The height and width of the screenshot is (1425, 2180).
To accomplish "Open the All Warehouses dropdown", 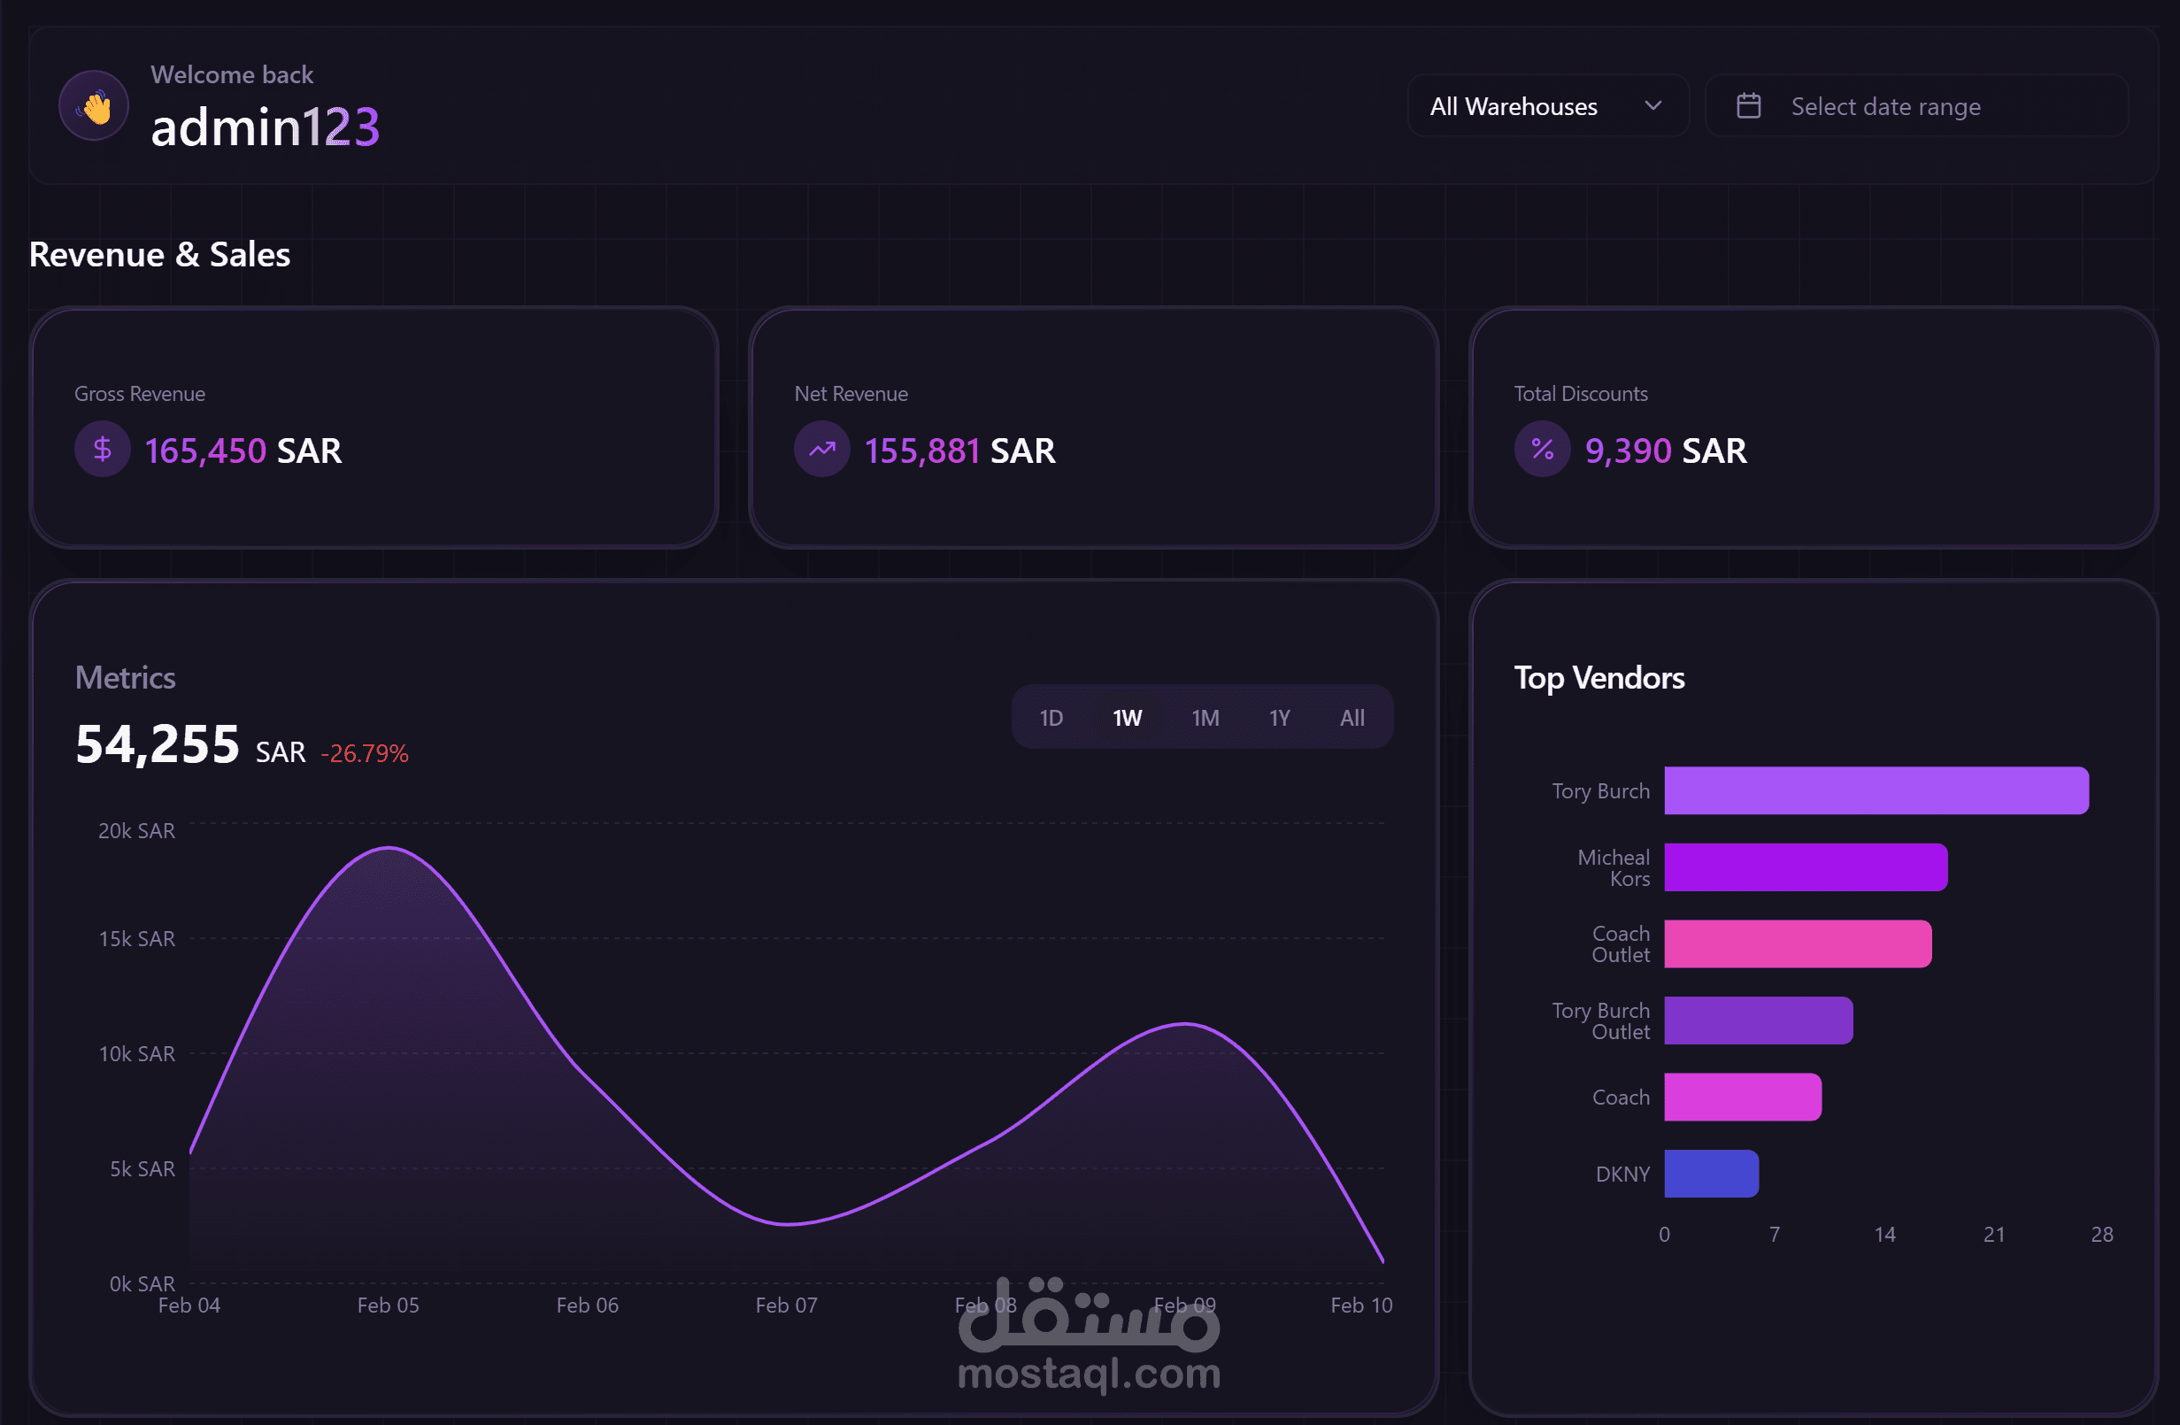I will coord(1547,106).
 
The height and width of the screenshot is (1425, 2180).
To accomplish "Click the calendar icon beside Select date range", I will coord(1749,106).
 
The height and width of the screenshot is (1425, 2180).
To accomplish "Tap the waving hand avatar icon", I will coord(95,106).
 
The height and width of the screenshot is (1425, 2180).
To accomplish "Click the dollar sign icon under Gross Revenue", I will coord(103,449).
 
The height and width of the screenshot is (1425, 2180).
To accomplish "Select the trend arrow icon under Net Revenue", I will coord(821,449).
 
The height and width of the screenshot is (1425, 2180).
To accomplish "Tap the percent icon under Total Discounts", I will coord(1543,449).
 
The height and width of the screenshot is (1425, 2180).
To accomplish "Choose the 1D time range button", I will coord(1051,718).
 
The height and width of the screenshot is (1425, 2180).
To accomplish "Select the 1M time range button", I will coord(1206,718).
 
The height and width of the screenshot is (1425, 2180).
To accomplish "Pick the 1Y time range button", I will coord(1280,718).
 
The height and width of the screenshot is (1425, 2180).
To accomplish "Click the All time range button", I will coord(1352,718).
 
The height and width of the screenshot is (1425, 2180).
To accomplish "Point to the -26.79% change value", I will coord(365,753).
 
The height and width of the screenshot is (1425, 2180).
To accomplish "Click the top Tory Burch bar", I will coord(1876,790).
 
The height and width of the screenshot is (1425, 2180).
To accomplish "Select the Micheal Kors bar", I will coord(1806,867).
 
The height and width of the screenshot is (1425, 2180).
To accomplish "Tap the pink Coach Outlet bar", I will coord(1797,944).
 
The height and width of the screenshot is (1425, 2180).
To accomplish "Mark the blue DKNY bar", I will coord(1711,1174).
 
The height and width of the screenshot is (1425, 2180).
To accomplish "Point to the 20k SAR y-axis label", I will coord(136,830).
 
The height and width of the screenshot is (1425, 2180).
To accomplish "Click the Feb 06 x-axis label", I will coord(587,1305).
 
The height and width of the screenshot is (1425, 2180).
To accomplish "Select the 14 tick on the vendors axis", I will coord(1884,1235).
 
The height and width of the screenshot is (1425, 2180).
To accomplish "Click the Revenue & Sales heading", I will coord(159,255).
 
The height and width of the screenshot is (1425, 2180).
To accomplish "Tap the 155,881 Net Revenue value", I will coord(922,451).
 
